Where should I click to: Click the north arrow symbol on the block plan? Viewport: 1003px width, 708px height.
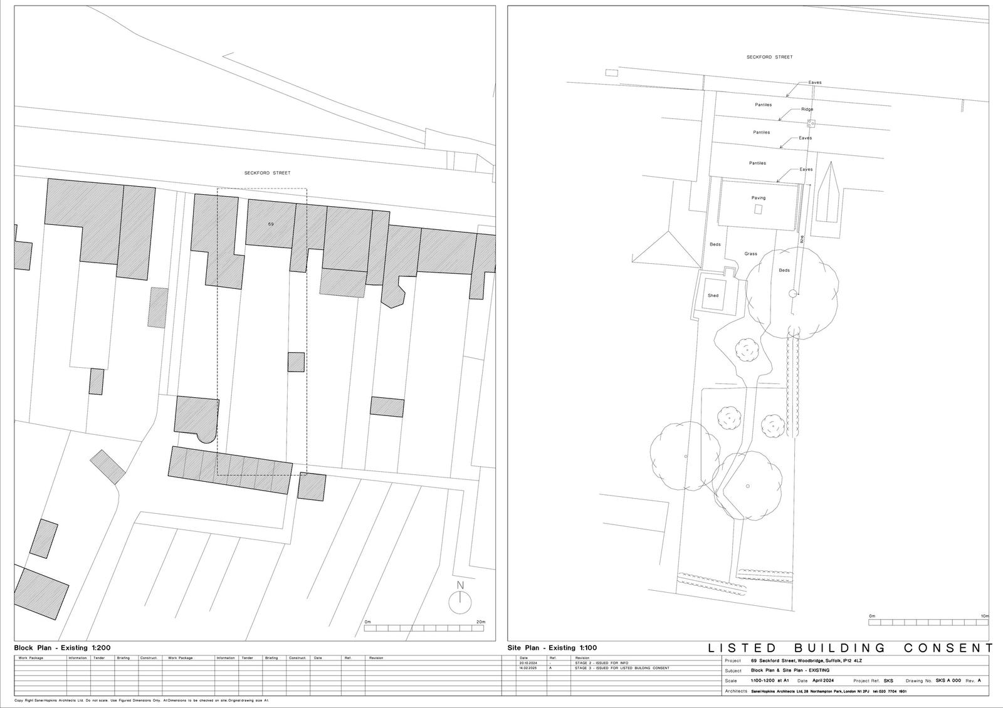tap(459, 601)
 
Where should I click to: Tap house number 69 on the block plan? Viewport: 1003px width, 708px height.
tap(271, 224)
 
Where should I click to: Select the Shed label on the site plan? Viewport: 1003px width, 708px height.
tap(713, 296)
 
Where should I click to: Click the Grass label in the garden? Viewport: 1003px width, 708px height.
tap(750, 254)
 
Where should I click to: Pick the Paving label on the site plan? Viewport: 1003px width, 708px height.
tap(759, 198)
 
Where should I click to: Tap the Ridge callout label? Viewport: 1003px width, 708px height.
tap(807, 110)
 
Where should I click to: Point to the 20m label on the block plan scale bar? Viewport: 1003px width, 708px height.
tap(480, 622)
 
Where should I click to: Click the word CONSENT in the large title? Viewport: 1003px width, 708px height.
tap(949, 648)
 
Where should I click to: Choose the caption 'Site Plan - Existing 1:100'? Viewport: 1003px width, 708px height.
tap(552, 648)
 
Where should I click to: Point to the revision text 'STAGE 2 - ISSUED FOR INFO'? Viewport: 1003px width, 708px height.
tap(601, 663)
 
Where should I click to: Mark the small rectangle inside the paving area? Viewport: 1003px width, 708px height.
tap(759, 209)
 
